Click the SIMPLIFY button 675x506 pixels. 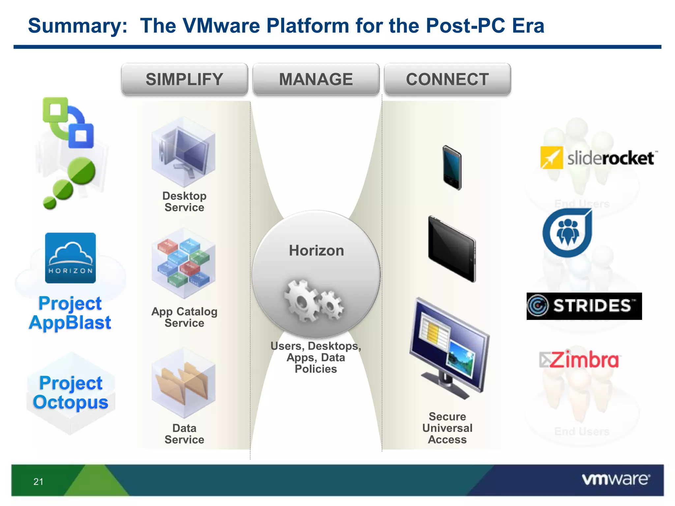(184, 79)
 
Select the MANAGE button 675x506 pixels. (316, 79)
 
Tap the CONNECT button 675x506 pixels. (447, 79)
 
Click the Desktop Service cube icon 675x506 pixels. (184, 152)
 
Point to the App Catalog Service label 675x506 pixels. (184, 317)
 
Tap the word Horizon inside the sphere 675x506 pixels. (316, 251)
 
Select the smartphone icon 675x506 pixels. (452, 168)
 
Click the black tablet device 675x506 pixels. (452, 249)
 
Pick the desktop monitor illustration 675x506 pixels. (450, 349)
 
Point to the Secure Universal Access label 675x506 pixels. (447, 428)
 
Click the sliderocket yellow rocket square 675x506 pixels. (551, 158)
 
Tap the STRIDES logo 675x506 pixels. (584, 306)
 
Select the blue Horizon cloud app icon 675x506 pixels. (71, 258)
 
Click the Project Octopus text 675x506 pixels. (71, 393)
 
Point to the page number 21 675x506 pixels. (38, 482)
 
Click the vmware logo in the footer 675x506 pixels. (616, 479)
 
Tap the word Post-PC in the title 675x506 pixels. (465, 26)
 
